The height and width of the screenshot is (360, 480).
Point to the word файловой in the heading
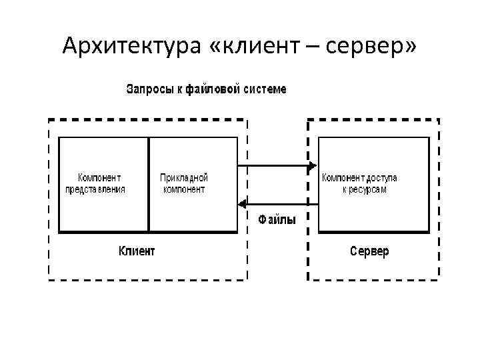[213, 89]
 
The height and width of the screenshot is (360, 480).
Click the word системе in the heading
[265, 89]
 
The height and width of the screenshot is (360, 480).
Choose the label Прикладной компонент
[185, 183]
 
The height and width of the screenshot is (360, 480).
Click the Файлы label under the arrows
[277, 218]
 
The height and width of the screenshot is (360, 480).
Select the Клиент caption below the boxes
[137, 251]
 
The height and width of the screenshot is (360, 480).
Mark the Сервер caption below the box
[369, 251]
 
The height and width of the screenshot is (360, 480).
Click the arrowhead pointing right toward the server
[312, 165]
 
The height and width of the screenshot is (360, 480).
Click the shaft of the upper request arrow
[273, 165]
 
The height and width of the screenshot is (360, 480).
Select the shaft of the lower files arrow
[280, 203]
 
